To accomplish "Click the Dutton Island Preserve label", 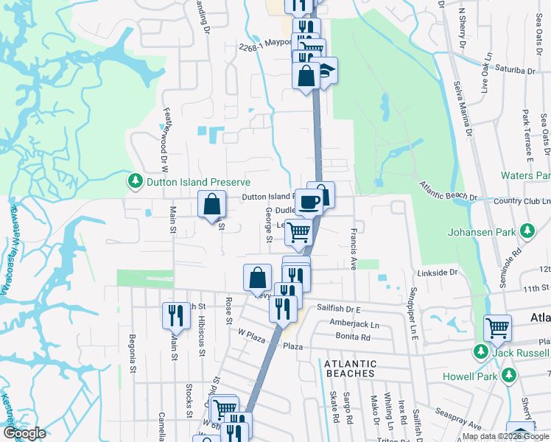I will (197, 182).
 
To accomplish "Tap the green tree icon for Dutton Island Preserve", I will (135, 181).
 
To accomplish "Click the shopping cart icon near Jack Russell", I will (498, 328).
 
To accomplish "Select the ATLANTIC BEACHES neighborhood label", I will (350, 368).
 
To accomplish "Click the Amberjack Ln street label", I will (354, 323).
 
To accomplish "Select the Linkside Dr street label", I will (438, 273).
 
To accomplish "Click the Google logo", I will (25, 433).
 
